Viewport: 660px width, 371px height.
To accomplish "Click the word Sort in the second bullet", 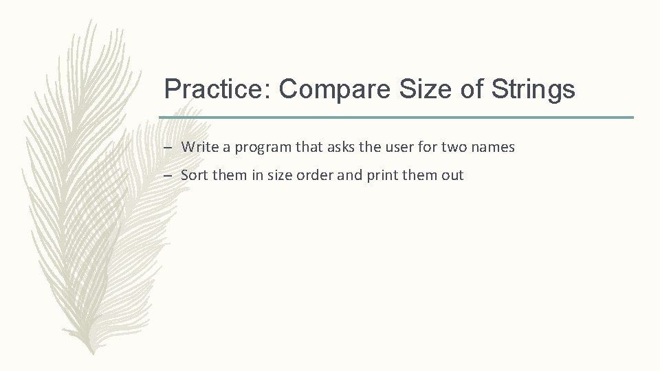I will pyautogui.click(x=195, y=175).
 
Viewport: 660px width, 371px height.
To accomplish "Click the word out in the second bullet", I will pyautogui.click(x=452, y=175).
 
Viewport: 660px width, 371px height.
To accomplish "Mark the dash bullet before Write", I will pyautogui.click(x=168, y=148).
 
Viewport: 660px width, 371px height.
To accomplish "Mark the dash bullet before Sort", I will pyautogui.click(x=168, y=176).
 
